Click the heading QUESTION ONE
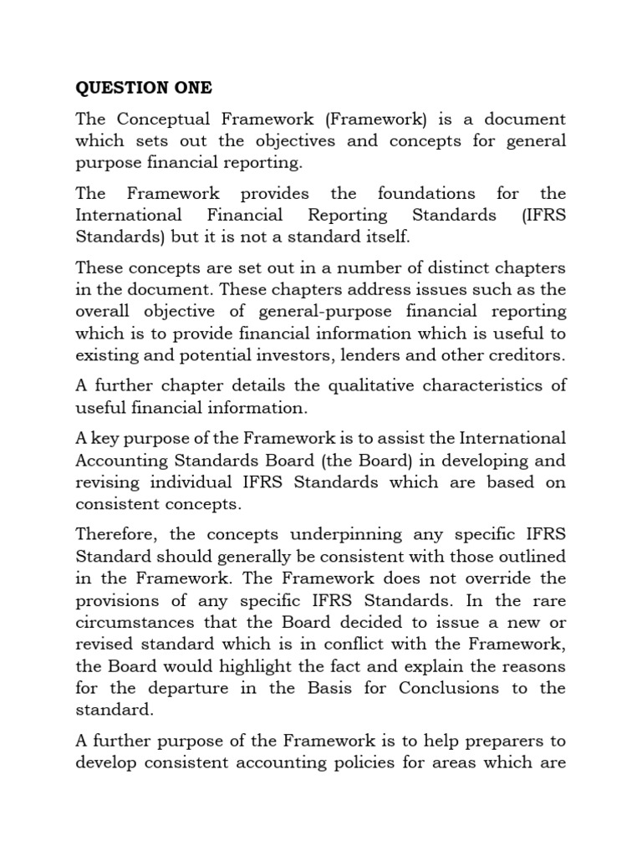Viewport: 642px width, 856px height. pos(144,88)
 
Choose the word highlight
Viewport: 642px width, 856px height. pos(237,665)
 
